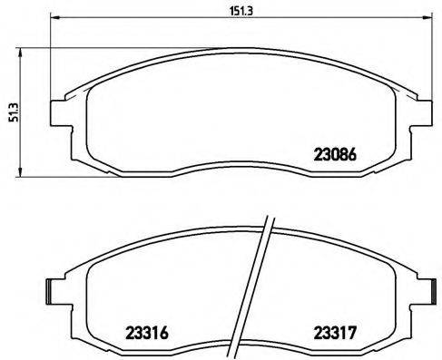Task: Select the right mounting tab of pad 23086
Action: coord(422,112)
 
